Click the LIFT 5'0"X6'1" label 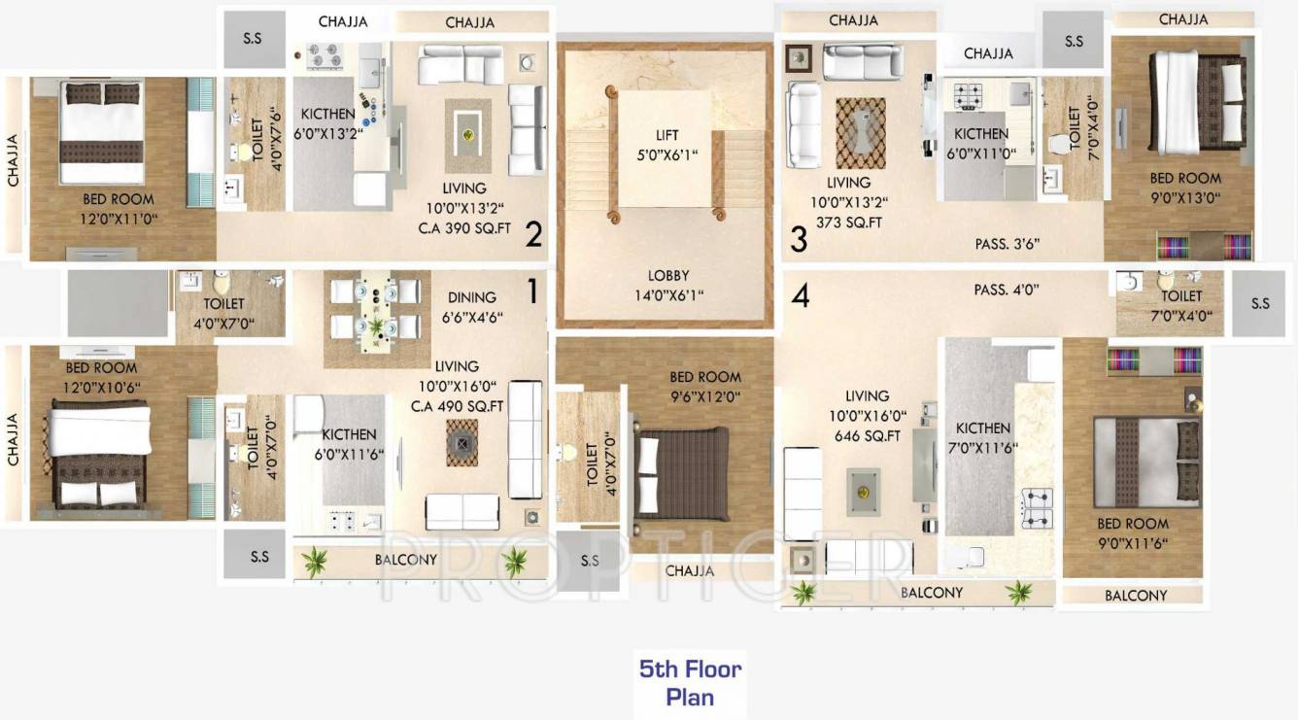666,145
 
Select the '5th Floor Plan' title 690,682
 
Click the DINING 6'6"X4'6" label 472,307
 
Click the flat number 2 533,234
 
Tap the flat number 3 799,239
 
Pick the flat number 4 800,295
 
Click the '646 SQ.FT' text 867,436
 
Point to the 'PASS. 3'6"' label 1008,244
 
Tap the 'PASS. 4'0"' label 1007,290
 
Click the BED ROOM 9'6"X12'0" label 705,386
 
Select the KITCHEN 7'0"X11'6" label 983,437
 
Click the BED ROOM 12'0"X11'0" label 119,208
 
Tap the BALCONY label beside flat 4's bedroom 1136,595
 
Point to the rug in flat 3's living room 861,133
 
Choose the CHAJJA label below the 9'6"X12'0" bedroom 690,571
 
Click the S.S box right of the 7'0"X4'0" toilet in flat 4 1260,303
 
